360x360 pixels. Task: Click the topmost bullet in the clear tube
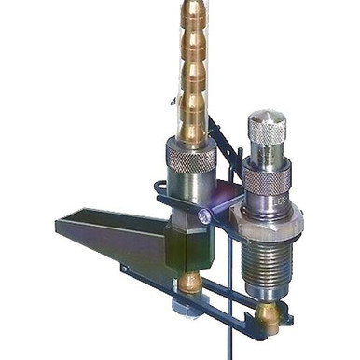click(194, 14)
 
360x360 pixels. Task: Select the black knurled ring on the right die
click(267, 177)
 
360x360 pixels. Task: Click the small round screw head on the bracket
click(203, 215)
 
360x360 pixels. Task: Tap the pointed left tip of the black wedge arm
click(62, 226)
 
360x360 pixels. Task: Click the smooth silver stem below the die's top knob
click(268, 155)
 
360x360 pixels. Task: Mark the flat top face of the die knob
click(268, 117)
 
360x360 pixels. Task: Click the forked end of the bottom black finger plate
click(280, 322)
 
